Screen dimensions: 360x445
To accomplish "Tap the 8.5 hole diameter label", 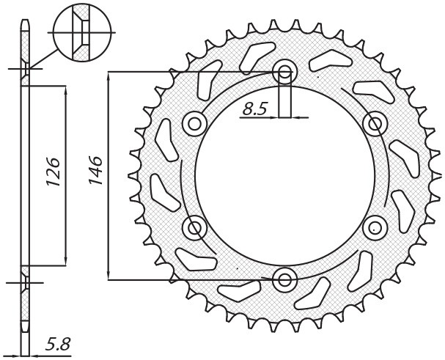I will point(255,109).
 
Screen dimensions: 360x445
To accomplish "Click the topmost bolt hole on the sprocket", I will point(284,73).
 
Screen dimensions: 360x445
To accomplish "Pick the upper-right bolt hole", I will point(374,123).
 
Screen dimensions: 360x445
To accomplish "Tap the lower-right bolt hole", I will point(374,227).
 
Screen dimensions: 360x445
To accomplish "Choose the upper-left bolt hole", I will point(195,123).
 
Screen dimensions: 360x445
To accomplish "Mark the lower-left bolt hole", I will point(195,228).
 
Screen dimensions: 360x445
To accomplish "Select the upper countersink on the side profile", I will point(26,71).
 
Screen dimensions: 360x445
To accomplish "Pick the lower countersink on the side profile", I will point(26,281).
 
